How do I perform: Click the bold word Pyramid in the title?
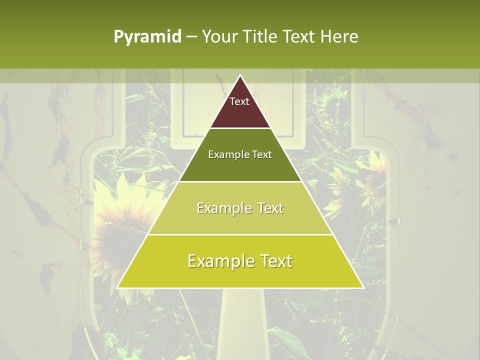pyautogui.click(x=147, y=37)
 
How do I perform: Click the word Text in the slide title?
pyautogui.click(x=299, y=37)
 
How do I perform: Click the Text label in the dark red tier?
pyautogui.click(x=239, y=101)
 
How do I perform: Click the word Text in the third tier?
pyautogui.click(x=270, y=208)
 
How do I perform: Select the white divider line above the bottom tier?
pyautogui.click(x=240, y=234)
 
